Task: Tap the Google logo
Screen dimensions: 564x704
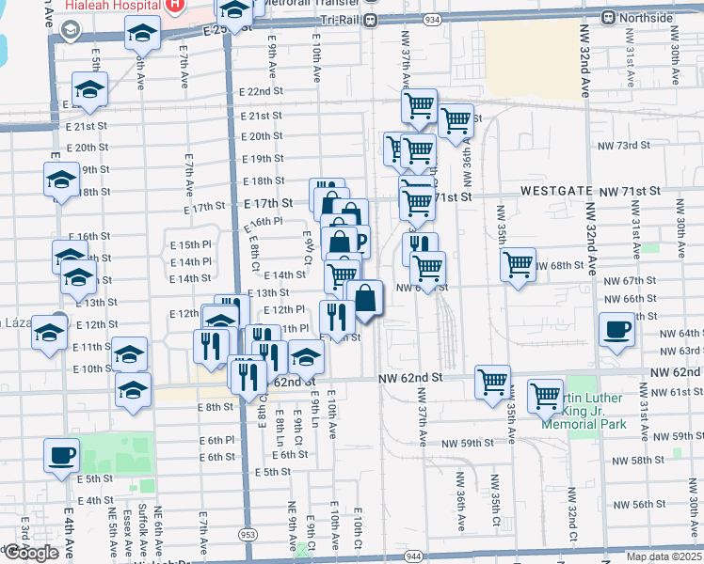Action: pos(30,553)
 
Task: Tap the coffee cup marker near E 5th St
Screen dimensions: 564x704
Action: pos(62,455)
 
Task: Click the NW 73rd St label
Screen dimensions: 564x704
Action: pos(628,146)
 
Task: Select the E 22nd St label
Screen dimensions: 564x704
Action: pos(261,92)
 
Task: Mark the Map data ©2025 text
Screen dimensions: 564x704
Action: pos(664,556)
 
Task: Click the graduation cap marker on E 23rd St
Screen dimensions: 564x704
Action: pos(142,35)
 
